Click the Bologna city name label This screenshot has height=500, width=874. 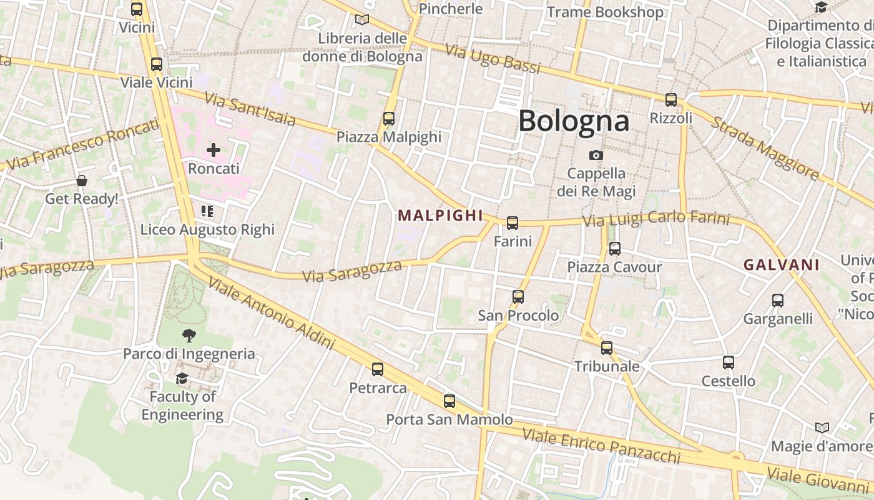[x=573, y=121]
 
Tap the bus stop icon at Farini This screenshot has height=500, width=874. [x=513, y=222]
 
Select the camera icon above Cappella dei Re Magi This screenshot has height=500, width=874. [x=596, y=155]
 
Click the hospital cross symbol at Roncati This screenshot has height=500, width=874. [x=214, y=150]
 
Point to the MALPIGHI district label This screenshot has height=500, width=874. [x=441, y=216]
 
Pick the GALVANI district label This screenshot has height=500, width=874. [x=781, y=265]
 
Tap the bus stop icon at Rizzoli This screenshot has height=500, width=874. [x=671, y=99]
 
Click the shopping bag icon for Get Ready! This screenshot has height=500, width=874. [x=81, y=181]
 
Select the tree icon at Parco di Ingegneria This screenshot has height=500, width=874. [x=189, y=336]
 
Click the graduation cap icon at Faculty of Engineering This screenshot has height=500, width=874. [x=182, y=378]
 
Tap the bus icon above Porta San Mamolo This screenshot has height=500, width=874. [x=449, y=401]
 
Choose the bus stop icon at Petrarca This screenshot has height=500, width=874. [x=378, y=369]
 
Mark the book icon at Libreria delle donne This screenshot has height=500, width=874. [x=362, y=19]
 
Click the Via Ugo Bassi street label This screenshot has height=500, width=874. [x=493, y=59]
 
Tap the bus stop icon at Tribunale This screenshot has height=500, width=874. [x=607, y=348]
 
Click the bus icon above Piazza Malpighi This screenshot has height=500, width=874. [x=389, y=118]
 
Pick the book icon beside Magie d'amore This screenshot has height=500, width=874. [x=822, y=427]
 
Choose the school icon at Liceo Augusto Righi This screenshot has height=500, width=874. [x=207, y=211]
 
